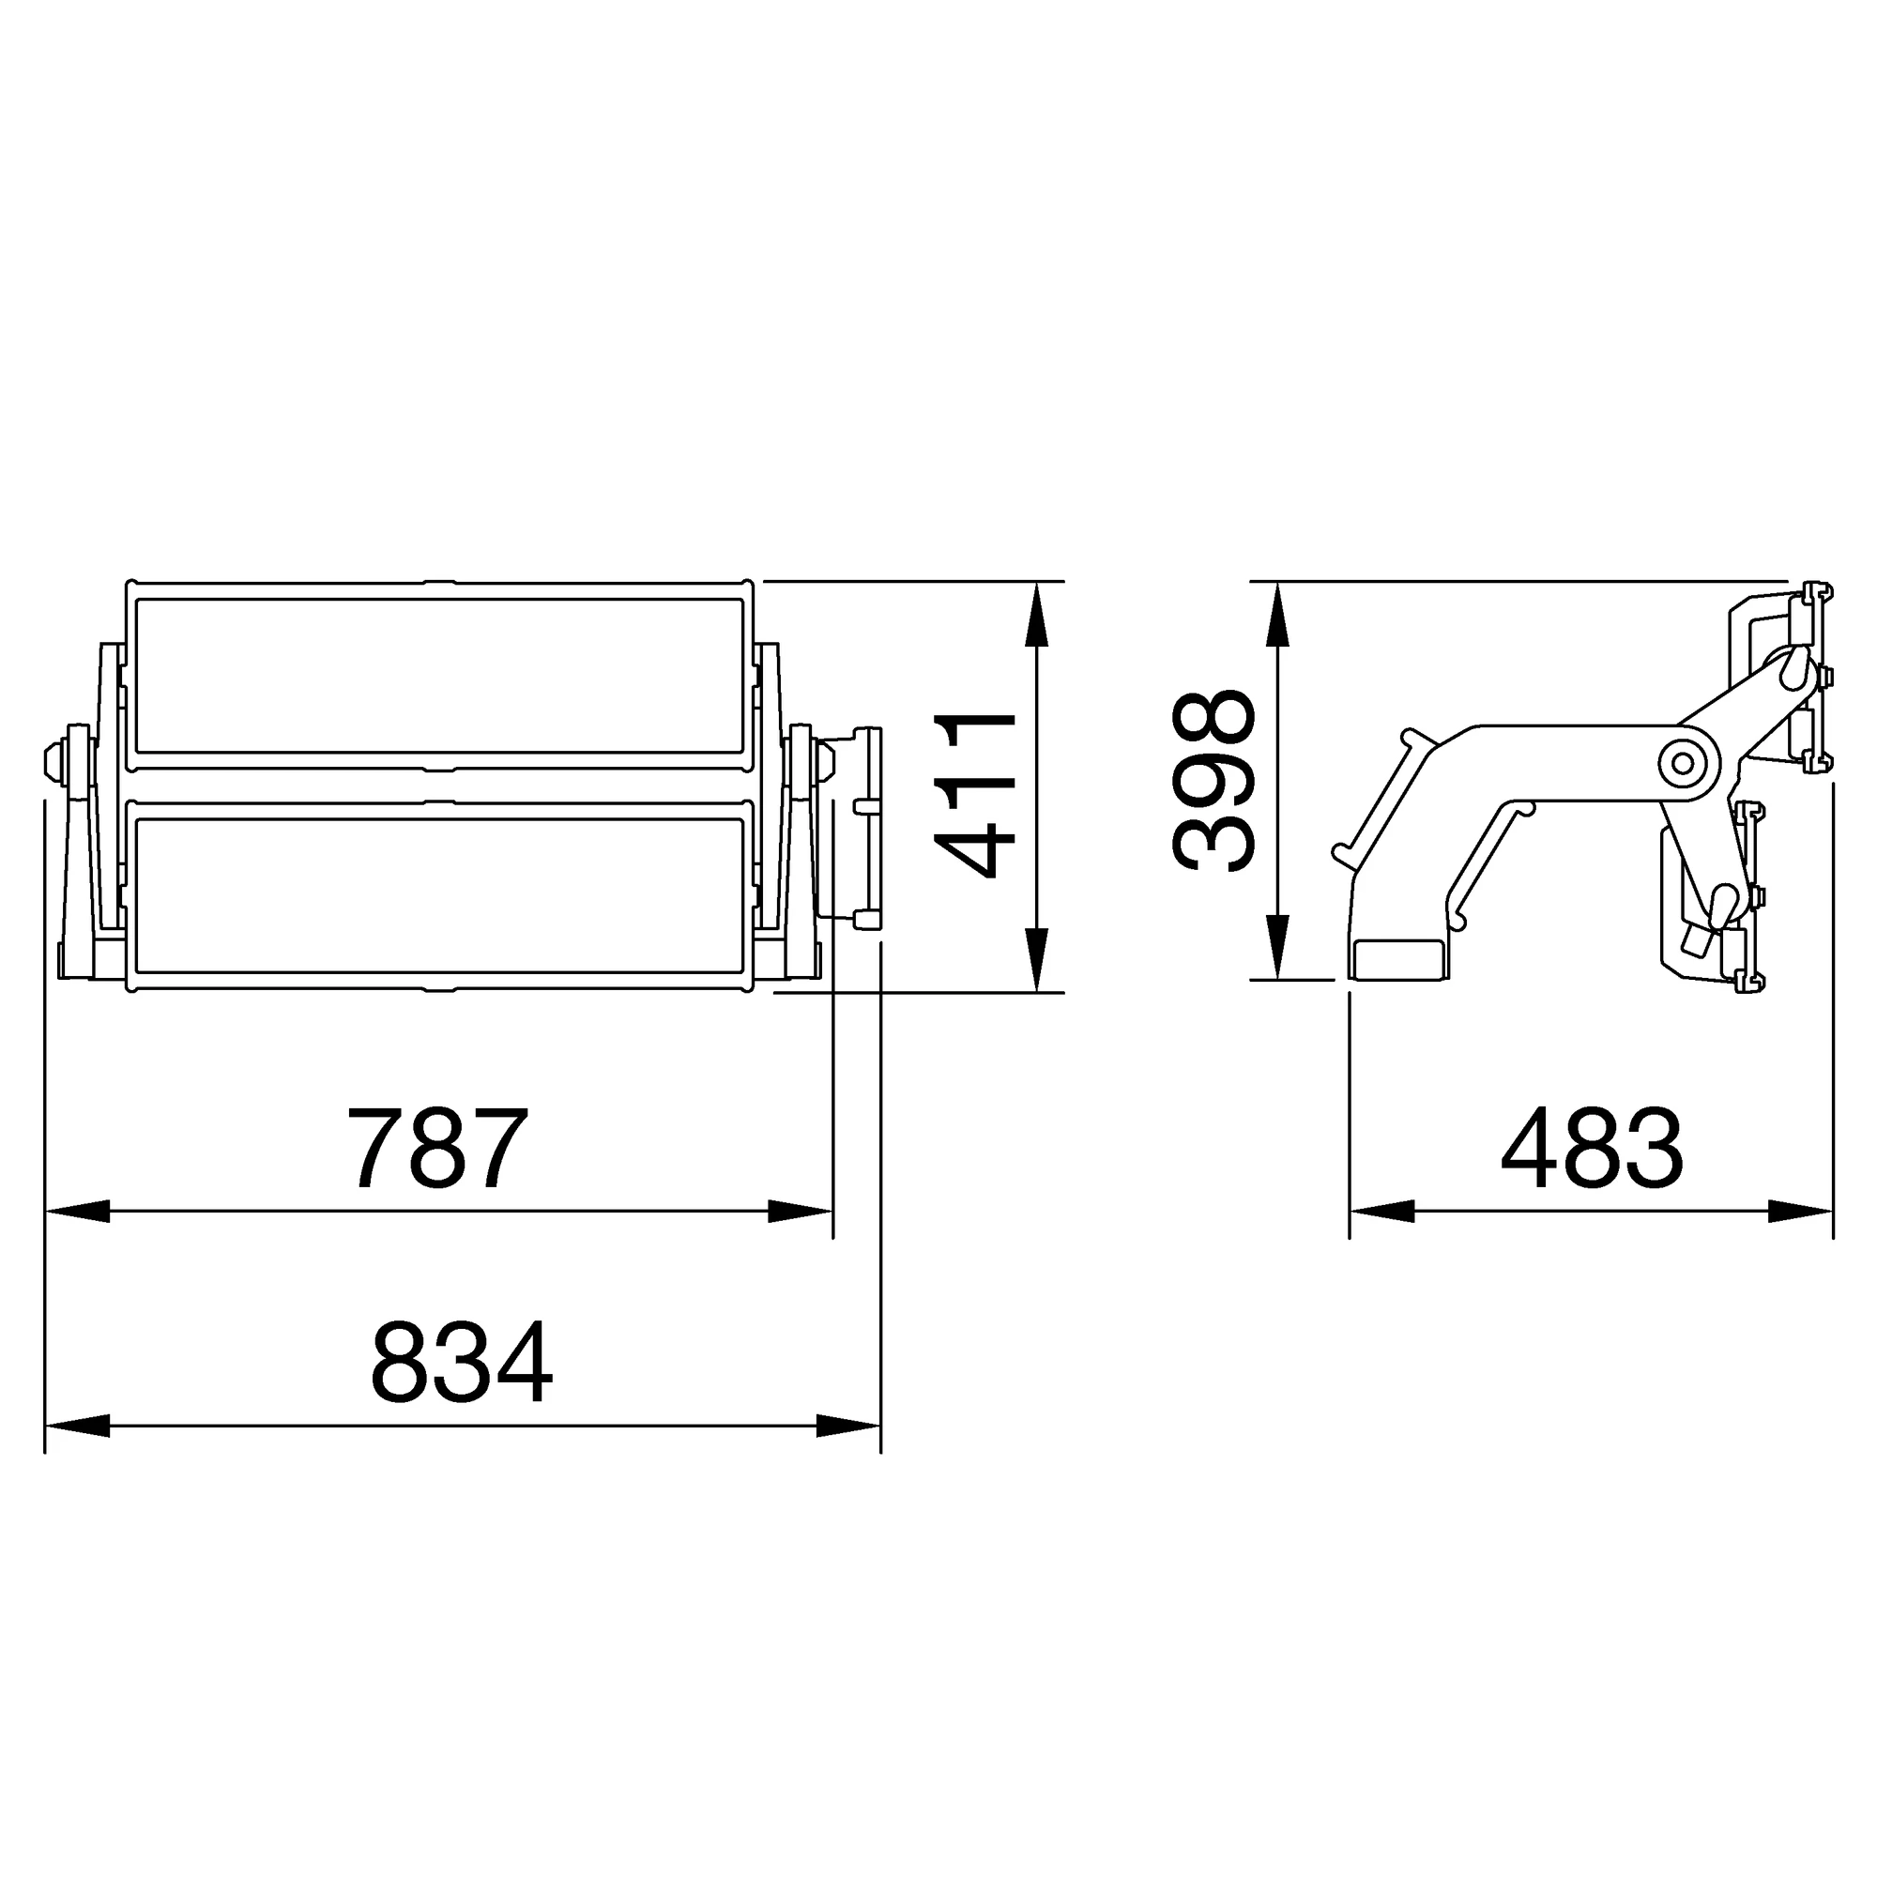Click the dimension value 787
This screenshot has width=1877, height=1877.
pyautogui.click(x=437, y=1148)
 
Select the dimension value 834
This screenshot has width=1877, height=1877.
pyautogui.click(x=462, y=1363)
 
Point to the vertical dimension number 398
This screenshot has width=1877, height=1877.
pyautogui.click(x=1213, y=781)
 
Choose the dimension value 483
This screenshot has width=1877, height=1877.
pyautogui.click(x=1592, y=1149)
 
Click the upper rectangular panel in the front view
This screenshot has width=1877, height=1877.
pyautogui.click(x=439, y=676)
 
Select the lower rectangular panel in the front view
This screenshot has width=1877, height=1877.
pyautogui.click(x=439, y=894)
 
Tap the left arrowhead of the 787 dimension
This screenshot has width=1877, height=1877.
pyautogui.click(x=78, y=1212)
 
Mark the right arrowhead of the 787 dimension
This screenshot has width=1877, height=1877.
pyautogui.click(x=800, y=1212)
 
